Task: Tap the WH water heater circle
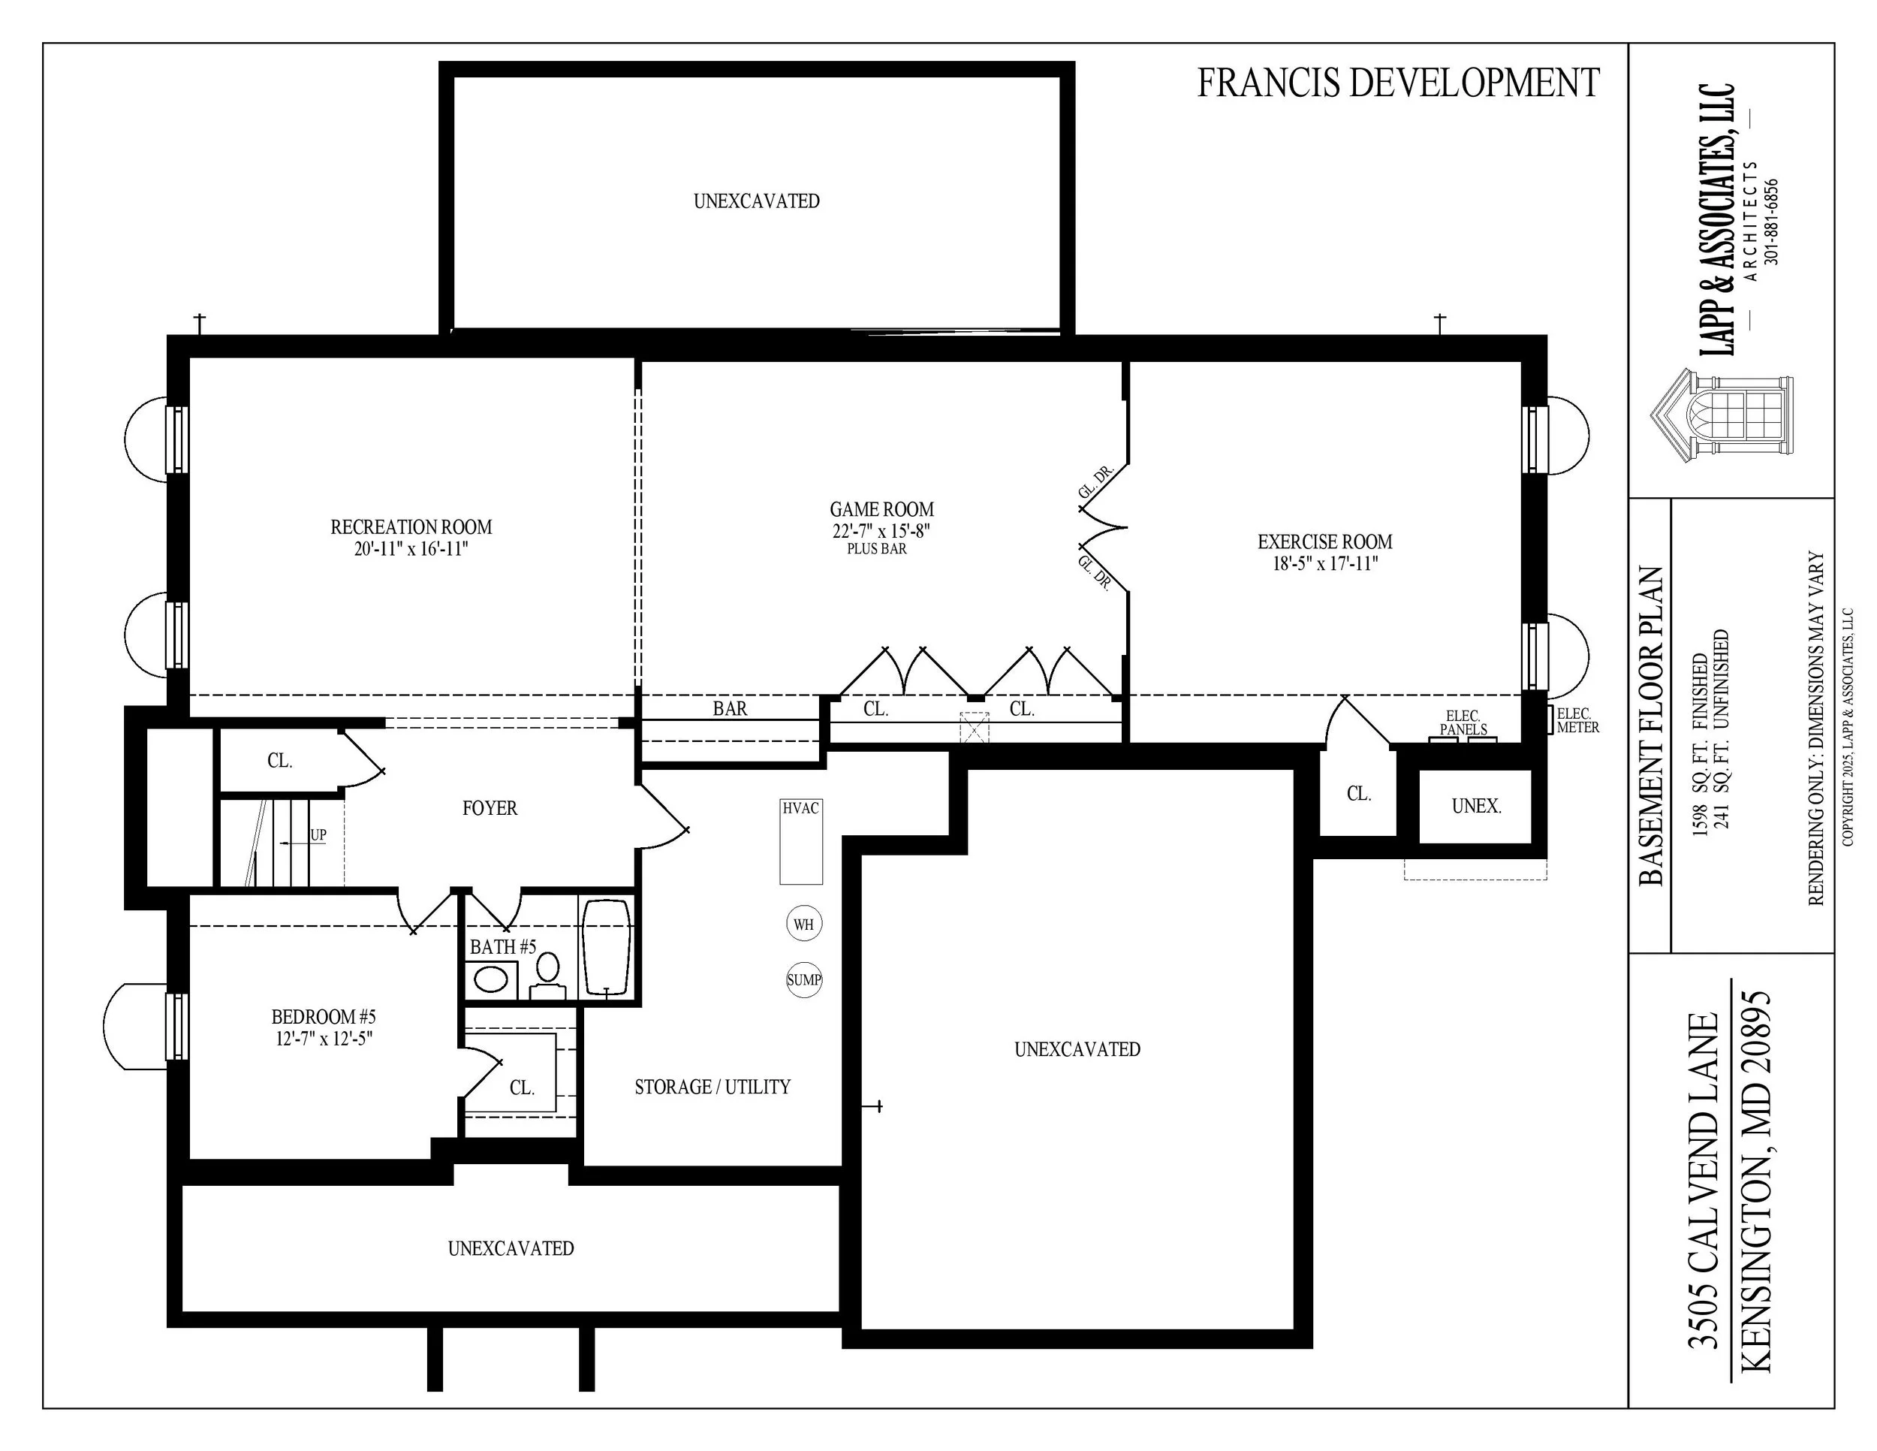pos(803,924)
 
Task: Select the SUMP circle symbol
pos(803,980)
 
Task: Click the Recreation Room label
pos(411,527)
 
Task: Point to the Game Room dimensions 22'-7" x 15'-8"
pos(881,531)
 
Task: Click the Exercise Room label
pos(1324,541)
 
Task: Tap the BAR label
pos(730,708)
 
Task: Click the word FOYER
pos(490,808)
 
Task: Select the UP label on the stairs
pos(318,834)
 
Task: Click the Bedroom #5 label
pos(323,1017)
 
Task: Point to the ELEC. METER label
pos(1577,720)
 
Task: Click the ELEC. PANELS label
pos(1463,722)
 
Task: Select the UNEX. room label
pos(1475,807)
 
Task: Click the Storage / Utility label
pos(713,1087)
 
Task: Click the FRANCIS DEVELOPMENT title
pos(1397,83)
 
